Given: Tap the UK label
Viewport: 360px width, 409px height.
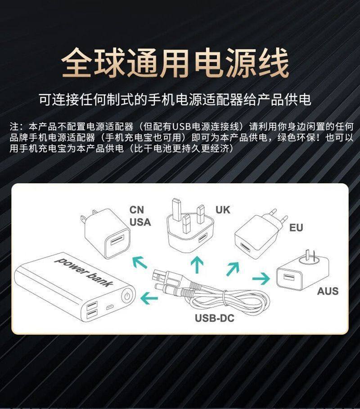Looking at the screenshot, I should tap(223, 209).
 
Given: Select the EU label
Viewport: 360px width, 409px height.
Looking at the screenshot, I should tap(296, 227).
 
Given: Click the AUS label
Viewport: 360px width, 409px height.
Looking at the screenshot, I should tap(327, 291).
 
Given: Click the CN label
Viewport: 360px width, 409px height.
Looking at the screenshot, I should tap(137, 210).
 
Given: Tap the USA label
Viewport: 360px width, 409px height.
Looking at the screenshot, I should tap(140, 222).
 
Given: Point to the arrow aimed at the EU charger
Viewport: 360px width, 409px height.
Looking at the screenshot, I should tap(233, 268).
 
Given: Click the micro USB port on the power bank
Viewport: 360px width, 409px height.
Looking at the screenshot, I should tap(109, 307).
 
